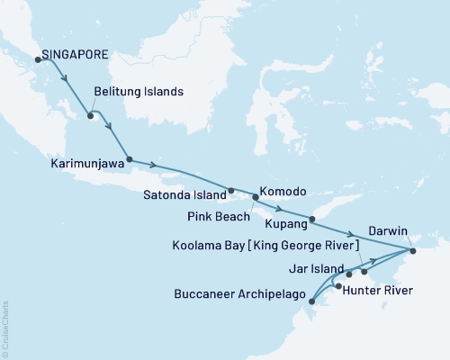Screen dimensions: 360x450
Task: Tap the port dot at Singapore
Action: [x=38, y=59]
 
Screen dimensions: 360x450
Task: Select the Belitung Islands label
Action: [x=139, y=92]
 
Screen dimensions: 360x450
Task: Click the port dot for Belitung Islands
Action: [x=90, y=115]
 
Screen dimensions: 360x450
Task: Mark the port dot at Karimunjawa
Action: [x=130, y=159]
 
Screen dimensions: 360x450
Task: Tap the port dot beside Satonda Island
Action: [x=231, y=191]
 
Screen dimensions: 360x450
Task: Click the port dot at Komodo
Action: [x=256, y=196]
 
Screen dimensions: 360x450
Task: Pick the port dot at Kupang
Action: [x=312, y=219]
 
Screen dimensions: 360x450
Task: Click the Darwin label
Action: [x=388, y=229]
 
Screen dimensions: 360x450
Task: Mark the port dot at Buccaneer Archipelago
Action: [x=311, y=301]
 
